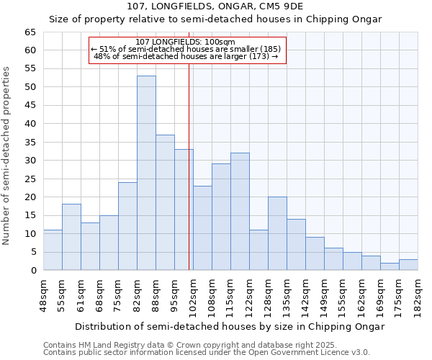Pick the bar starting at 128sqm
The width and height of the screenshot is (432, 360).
point(277,233)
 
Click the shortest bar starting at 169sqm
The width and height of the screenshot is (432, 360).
point(390,266)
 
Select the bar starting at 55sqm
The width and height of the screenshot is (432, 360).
point(71,237)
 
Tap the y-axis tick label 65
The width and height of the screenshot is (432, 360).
point(30,32)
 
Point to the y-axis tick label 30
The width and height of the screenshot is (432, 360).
point(30,161)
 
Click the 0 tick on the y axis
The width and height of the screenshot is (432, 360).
point(33,271)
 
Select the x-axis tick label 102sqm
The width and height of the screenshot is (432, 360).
point(193,294)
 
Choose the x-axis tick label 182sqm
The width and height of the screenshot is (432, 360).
point(418,294)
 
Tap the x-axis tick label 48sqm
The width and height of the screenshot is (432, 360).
point(43,294)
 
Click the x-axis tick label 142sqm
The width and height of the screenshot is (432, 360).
point(305,294)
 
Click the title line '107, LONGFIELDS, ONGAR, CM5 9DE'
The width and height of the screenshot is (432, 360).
point(215,6)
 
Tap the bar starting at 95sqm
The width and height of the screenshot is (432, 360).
point(184,210)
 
